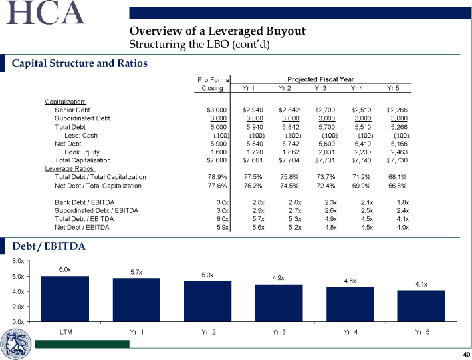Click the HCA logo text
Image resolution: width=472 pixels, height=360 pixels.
pos(45,13)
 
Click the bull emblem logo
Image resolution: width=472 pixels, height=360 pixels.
pos(15,344)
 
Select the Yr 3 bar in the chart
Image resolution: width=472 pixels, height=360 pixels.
pos(279,303)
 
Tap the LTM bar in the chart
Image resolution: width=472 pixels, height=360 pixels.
pos(65,299)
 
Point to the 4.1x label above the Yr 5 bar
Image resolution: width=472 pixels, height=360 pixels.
pos(421,285)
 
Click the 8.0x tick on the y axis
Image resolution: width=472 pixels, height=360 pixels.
pos(18,261)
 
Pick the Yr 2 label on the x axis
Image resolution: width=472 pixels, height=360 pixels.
pos(209,332)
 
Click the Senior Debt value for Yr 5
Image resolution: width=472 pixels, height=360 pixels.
pos(397,110)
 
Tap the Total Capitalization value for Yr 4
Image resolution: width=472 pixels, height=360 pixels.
pos(361,160)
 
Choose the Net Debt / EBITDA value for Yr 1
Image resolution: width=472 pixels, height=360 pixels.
pos(258,227)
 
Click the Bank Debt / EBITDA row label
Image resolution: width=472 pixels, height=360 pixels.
pos(85,202)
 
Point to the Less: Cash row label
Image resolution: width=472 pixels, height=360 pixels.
pos(81,136)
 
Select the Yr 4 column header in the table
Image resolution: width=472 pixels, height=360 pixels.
pos(357,88)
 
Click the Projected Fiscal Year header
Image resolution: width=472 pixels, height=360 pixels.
pos(321,79)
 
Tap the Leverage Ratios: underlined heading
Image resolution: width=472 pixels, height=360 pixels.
pos(70,169)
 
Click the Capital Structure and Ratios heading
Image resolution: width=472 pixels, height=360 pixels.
pos(80,63)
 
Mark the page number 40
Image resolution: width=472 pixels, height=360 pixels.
pos(467,354)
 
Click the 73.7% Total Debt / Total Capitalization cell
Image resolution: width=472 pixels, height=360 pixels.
pos(326,177)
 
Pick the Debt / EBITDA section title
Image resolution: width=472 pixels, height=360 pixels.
pos(49,246)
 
